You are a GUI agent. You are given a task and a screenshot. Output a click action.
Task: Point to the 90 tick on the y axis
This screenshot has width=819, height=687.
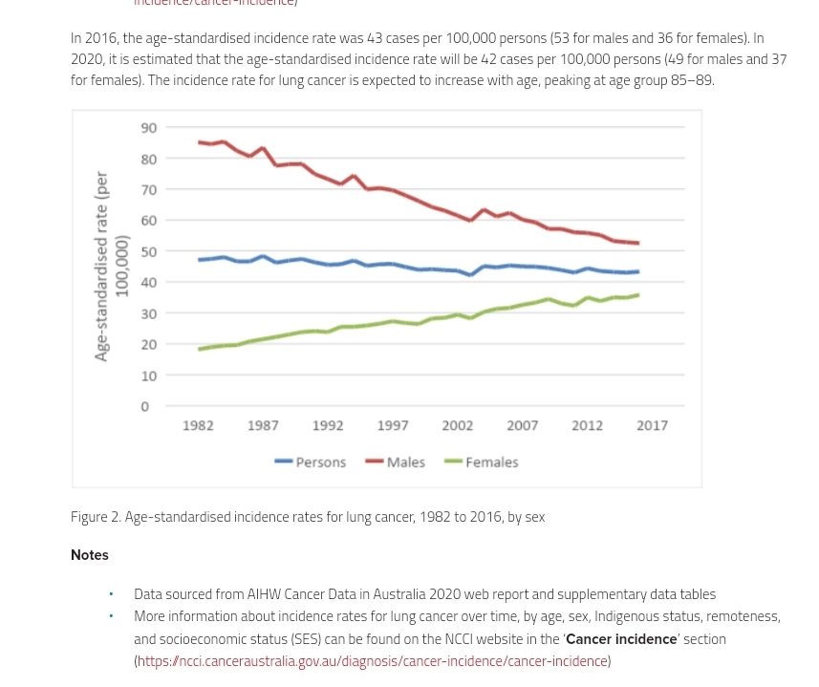click(149, 128)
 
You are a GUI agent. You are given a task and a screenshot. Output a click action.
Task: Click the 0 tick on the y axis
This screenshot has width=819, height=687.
click(145, 407)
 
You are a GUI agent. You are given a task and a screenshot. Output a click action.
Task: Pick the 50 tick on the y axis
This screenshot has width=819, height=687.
click(149, 252)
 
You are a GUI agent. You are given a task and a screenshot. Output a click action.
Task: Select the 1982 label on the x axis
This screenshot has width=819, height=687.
click(198, 426)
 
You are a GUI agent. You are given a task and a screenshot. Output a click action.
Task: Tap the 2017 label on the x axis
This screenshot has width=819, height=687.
click(652, 426)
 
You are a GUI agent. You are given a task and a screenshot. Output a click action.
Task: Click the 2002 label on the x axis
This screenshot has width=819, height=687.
click(457, 426)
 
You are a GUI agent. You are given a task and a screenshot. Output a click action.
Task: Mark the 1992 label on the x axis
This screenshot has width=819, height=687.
click(328, 426)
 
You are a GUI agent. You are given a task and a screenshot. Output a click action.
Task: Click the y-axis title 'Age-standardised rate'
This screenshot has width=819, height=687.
click(100, 267)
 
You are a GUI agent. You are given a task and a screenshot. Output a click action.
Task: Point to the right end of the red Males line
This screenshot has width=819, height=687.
click(637, 243)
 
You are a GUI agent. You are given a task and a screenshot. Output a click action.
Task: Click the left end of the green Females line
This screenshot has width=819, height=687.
click(200, 349)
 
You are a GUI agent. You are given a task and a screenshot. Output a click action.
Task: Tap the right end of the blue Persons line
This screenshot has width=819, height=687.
click(637, 271)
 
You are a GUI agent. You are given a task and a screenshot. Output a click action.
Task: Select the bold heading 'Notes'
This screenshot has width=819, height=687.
click(90, 555)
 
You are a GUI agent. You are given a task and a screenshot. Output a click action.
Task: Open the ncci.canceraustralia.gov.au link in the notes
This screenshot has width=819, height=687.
click(372, 661)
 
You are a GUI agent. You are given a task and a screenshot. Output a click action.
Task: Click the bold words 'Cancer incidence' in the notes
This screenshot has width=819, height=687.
click(621, 639)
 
